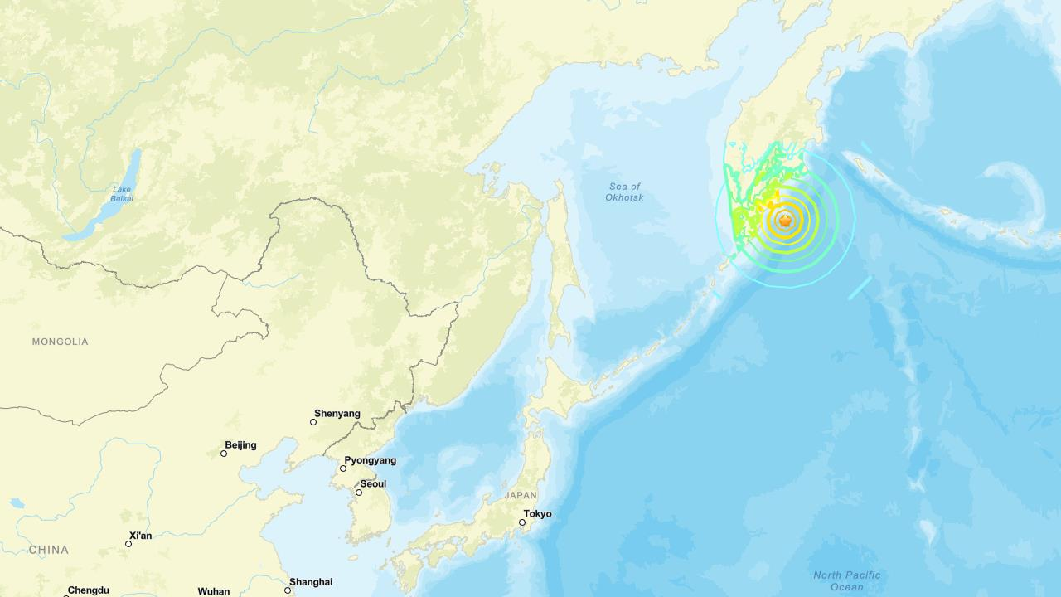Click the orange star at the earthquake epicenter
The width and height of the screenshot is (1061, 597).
point(785,220)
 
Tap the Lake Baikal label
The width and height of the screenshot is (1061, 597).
point(122,194)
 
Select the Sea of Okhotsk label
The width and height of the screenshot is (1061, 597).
point(624,192)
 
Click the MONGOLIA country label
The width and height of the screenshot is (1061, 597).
point(60,342)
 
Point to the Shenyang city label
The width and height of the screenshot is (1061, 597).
point(337,413)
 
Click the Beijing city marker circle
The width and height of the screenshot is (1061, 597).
point(224,454)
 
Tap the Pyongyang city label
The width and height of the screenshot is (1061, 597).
point(371,460)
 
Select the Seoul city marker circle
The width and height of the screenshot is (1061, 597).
point(359,493)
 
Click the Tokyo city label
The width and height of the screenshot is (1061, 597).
point(538,514)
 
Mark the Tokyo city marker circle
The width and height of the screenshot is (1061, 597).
point(522,522)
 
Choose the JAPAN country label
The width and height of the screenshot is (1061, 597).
point(521,496)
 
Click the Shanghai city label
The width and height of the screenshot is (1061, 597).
point(311,582)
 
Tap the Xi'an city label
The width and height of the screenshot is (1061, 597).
point(141,536)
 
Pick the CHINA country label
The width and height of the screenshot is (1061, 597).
point(49,550)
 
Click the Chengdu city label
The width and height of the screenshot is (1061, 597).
point(89,590)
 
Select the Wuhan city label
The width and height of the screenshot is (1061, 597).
point(214,591)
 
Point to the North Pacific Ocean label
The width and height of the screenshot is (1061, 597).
point(846,581)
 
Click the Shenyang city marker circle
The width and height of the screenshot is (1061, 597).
point(313,422)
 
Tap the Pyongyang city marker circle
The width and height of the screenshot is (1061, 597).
point(343,468)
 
